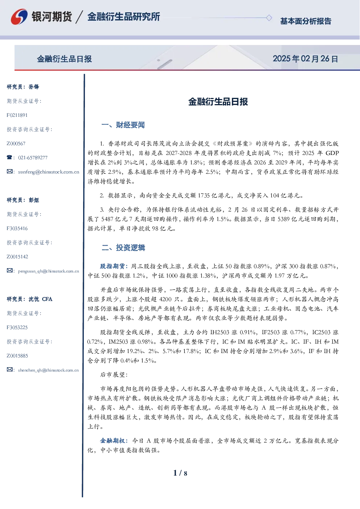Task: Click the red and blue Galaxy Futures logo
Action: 19,17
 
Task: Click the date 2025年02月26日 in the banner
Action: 305,59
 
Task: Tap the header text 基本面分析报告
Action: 306,21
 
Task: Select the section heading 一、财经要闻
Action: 123,125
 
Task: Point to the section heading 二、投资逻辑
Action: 123,247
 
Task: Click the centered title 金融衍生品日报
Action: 218,102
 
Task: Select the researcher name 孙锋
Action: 34,87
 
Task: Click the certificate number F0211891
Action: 17,115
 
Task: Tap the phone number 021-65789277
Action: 33,158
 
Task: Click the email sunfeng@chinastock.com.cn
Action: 49,172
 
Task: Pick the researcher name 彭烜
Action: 34,200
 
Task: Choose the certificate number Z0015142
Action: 17,257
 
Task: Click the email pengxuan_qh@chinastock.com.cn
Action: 49,271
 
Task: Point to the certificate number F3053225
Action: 17,328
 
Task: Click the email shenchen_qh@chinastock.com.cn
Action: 48,370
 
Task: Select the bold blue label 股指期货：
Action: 114,266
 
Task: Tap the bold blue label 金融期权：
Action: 114,440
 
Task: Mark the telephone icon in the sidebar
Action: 9,157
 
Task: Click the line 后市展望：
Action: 114,375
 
